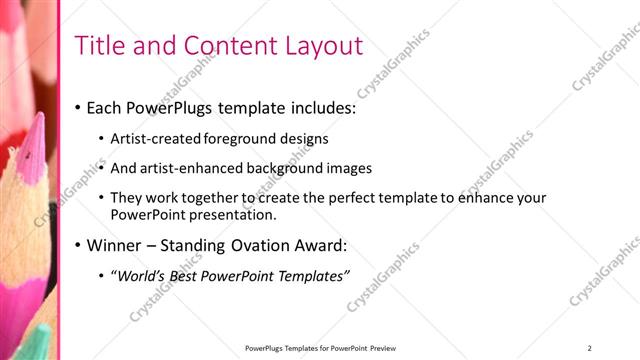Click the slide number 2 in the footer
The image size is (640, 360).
[590, 348]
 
